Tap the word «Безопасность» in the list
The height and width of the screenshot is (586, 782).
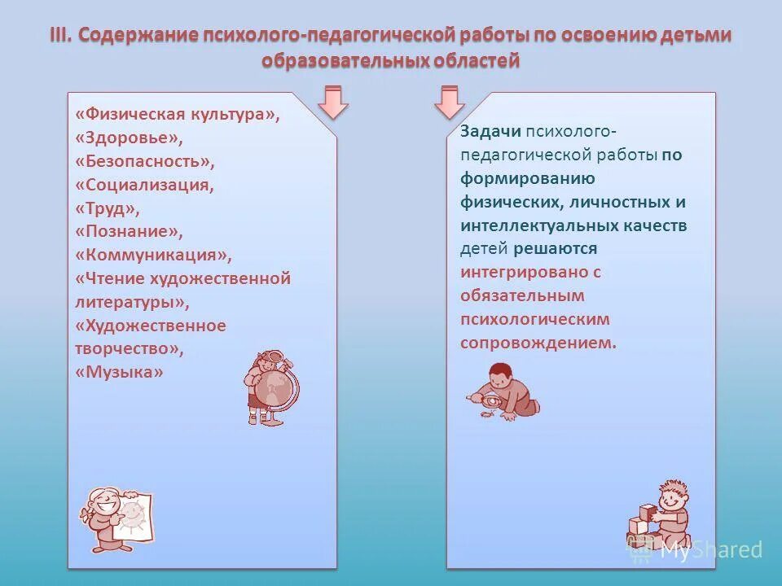tap(144, 161)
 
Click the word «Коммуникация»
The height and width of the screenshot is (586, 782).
tap(153, 255)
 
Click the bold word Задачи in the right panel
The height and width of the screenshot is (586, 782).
tap(490, 132)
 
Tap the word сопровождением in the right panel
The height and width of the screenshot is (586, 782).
tap(538, 343)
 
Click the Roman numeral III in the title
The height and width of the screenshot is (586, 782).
tap(61, 36)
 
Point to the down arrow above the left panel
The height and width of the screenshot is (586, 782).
tap(333, 102)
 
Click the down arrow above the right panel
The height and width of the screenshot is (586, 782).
tap(449, 102)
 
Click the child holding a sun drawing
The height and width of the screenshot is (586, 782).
tap(115, 518)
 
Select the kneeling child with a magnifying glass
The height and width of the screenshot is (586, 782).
tap(505, 392)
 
